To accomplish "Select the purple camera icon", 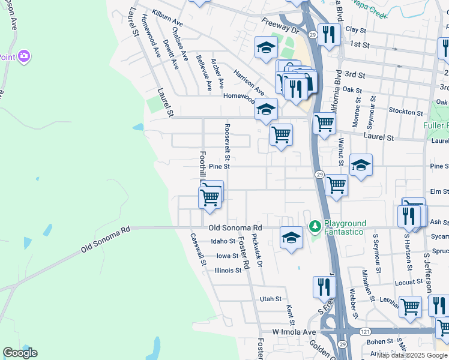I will coord(24,56).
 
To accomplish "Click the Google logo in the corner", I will coord(20,353).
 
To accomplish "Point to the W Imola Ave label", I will coord(294,332).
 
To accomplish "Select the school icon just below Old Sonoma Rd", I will coord(291,237).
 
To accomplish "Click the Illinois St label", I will coord(228,270).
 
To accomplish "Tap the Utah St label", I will coord(270,299).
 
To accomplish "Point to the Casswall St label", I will coord(197,248).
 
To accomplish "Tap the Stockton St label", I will coord(406,112).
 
